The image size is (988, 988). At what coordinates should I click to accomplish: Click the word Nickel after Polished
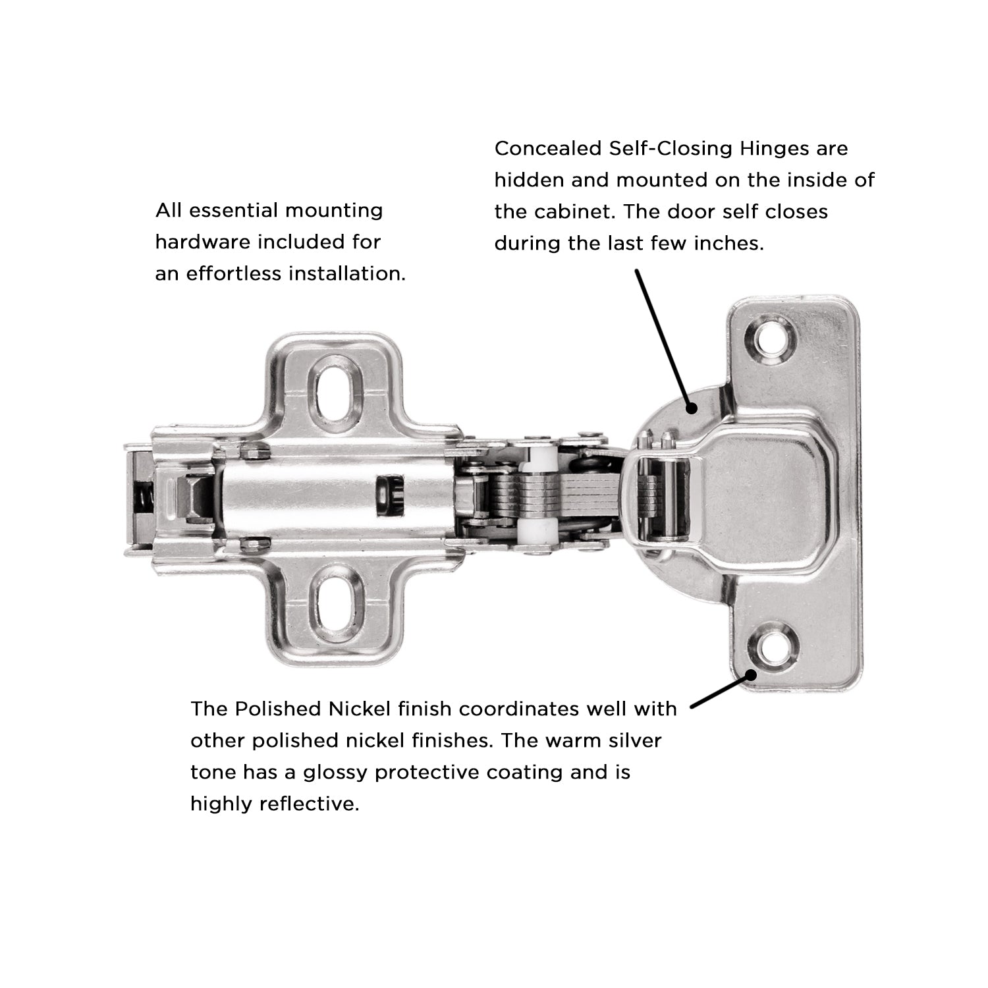click(x=360, y=709)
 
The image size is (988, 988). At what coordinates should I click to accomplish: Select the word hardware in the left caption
click(x=203, y=242)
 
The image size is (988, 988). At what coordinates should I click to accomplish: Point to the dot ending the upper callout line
click(x=691, y=408)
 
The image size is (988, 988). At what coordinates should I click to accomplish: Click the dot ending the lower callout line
click(x=750, y=674)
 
